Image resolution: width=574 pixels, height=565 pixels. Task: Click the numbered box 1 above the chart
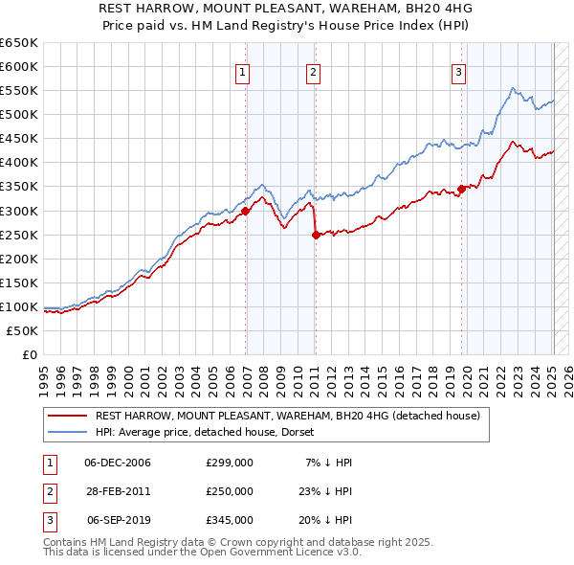(243, 71)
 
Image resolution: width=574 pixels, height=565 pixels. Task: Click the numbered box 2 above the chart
(314, 71)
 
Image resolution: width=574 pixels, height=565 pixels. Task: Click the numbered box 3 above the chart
(459, 71)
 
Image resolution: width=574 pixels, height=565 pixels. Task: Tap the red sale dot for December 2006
(246, 211)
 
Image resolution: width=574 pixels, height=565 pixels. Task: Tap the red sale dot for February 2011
(316, 235)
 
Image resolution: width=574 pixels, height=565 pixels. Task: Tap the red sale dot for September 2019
(461, 189)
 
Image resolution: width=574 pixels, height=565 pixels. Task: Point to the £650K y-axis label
(19, 43)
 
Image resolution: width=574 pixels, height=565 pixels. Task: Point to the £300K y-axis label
(19, 211)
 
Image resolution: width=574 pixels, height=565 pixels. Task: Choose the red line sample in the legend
(67, 416)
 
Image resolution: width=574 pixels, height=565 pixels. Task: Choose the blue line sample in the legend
(67, 432)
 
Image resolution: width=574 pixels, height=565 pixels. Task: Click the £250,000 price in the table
(230, 491)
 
